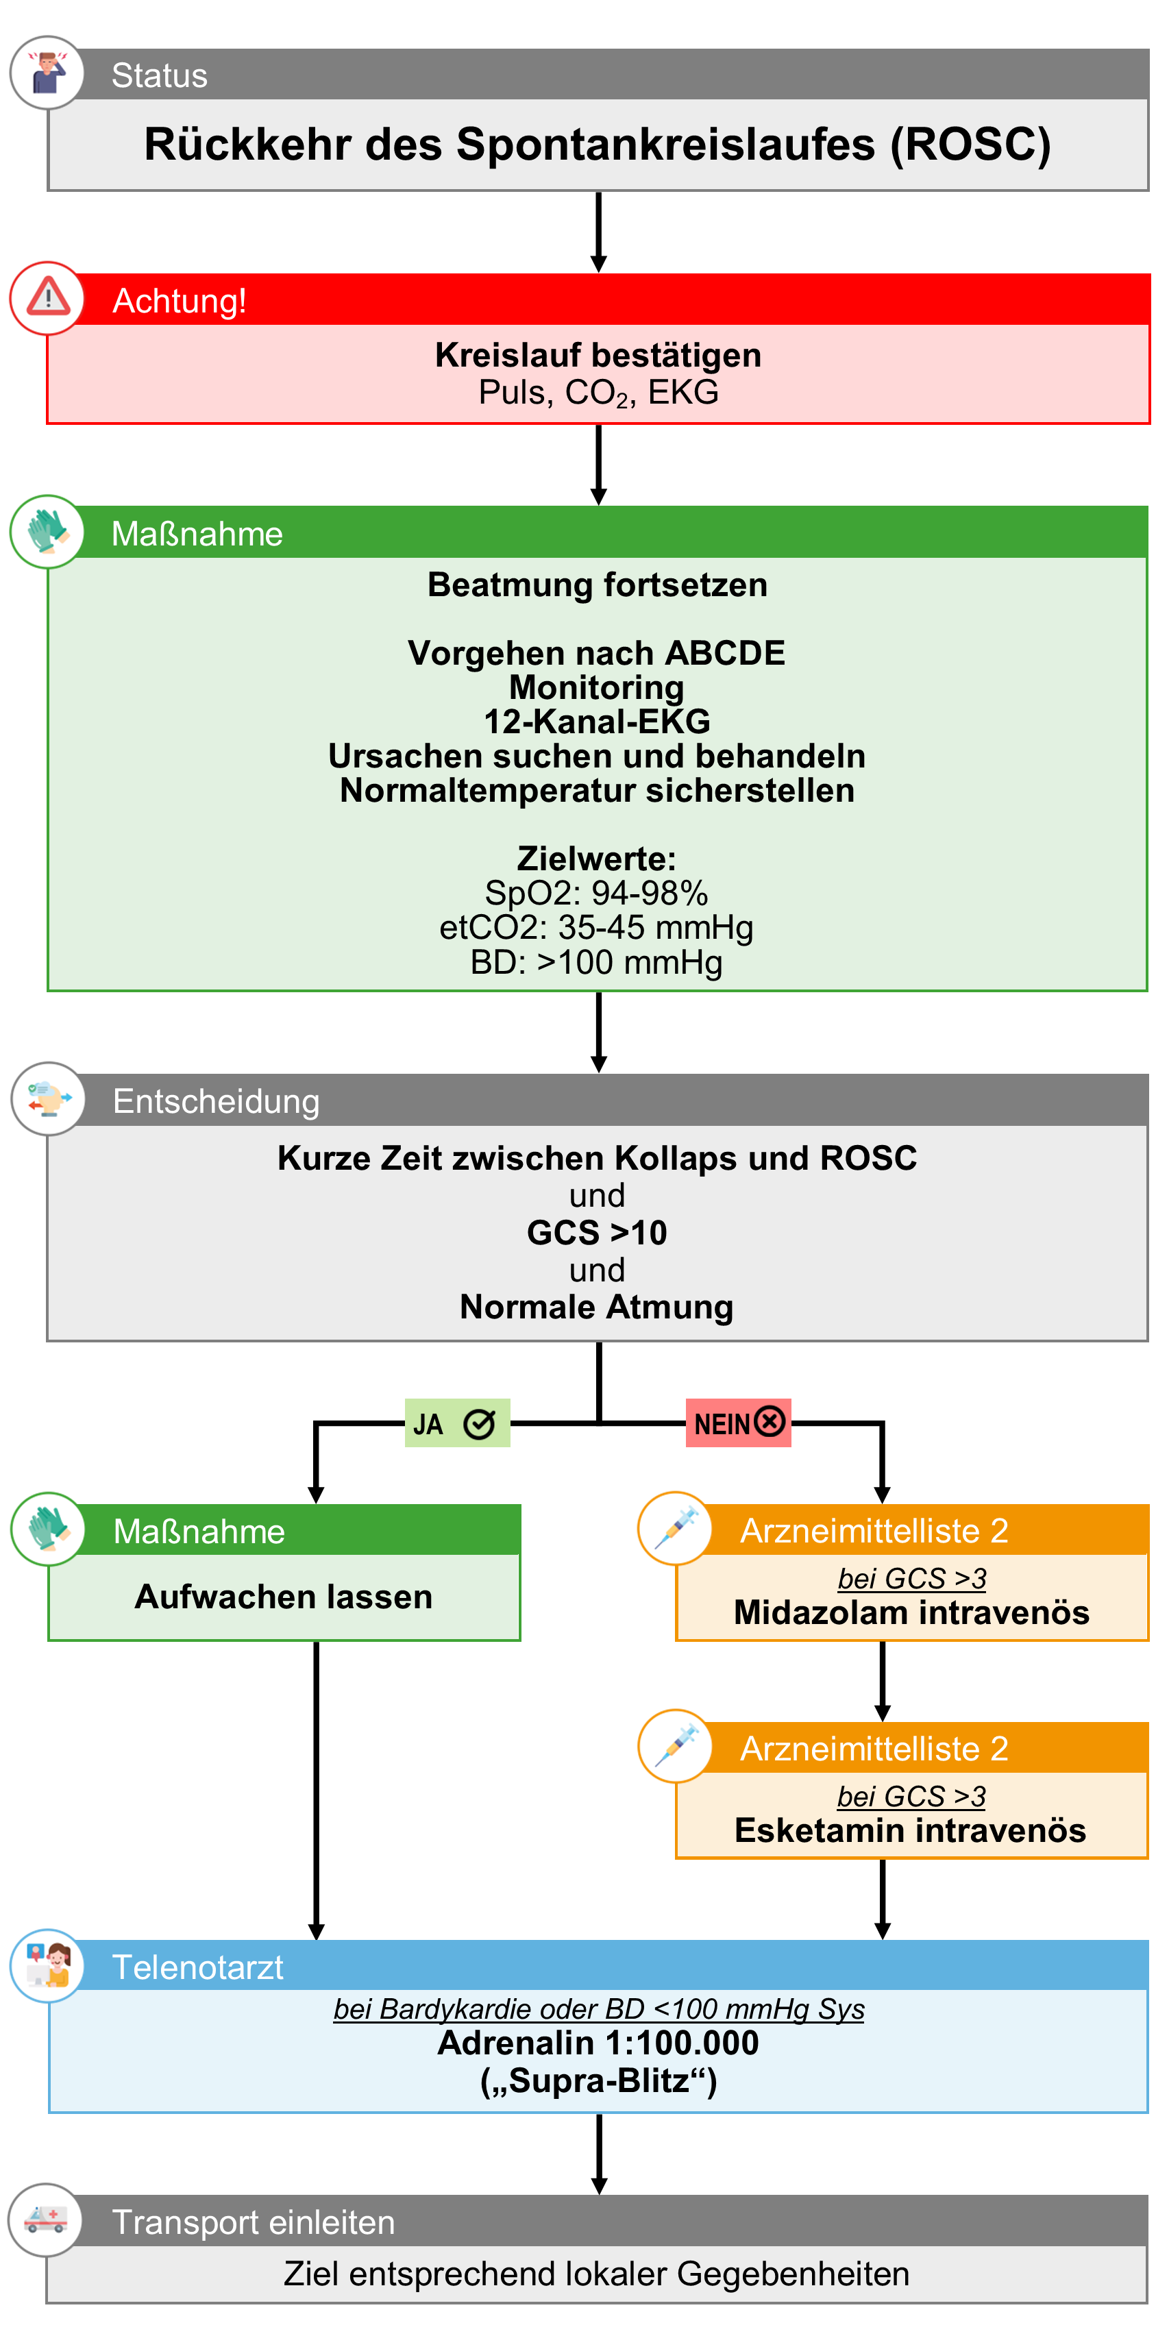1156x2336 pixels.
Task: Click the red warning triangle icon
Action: click(x=48, y=297)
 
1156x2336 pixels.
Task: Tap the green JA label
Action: click(x=456, y=1423)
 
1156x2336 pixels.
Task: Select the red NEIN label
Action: click(x=738, y=1423)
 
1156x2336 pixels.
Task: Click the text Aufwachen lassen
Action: click(x=284, y=1596)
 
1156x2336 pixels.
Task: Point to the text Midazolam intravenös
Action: click(x=911, y=1612)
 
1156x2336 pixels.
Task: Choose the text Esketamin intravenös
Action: click(x=910, y=1830)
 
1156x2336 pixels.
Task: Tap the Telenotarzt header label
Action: click(x=197, y=1967)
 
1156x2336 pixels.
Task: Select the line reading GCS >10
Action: click(x=597, y=1232)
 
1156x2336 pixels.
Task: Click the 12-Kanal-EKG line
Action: click(x=597, y=722)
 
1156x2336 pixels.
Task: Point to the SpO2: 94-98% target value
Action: click(x=597, y=894)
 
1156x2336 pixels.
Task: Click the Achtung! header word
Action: click(x=179, y=300)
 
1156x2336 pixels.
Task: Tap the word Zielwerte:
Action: click(x=597, y=859)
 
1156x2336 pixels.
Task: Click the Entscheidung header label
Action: click(x=216, y=1101)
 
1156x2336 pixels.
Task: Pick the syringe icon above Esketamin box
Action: click(x=676, y=1745)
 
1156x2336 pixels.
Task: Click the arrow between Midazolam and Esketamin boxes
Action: click(x=882, y=1680)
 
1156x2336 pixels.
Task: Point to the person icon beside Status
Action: click(x=47, y=73)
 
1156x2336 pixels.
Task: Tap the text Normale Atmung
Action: click(x=597, y=1307)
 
